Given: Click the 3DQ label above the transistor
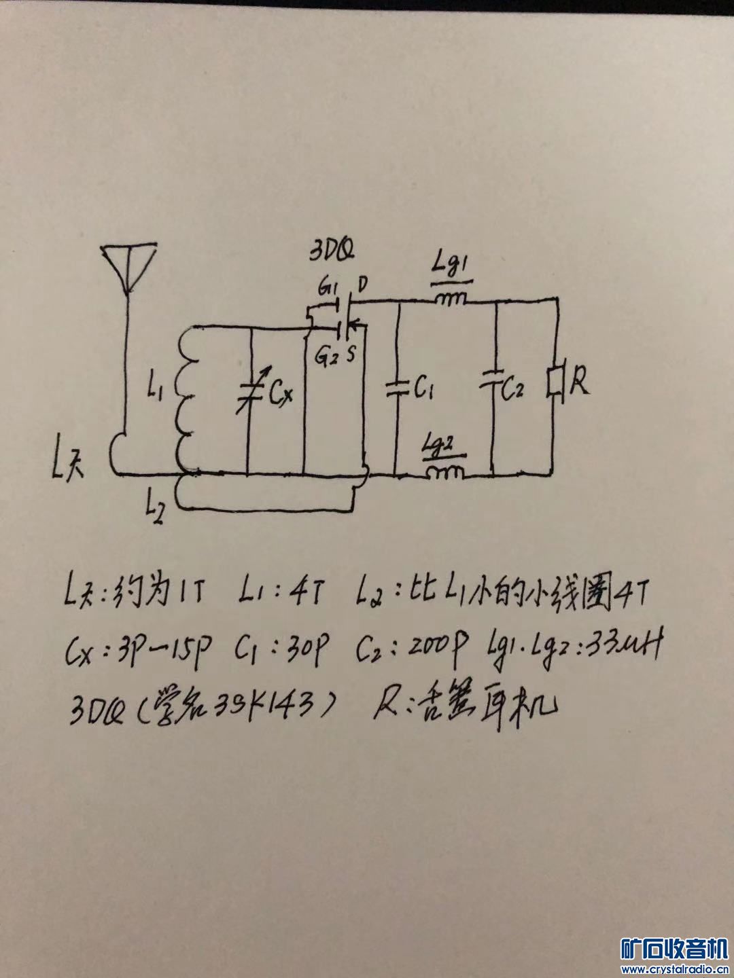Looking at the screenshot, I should point(331,253).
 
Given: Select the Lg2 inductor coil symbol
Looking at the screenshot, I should point(445,471).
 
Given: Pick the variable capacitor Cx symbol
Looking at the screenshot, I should point(250,392).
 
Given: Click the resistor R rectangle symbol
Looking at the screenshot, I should point(555,382).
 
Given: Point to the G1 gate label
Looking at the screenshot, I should point(328,289).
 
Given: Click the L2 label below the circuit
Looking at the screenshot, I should point(155,507).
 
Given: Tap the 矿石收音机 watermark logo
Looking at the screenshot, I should point(674,948).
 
